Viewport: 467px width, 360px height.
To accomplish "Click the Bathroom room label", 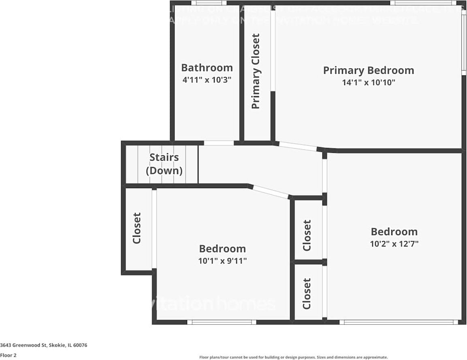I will pyautogui.click(x=207, y=68).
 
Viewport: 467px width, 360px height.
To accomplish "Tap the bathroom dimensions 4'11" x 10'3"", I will pyautogui.click(x=207, y=80).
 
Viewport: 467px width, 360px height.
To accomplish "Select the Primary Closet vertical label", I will pyautogui.click(x=256, y=71).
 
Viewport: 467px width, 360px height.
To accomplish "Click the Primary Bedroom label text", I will pyautogui.click(x=368, y=70).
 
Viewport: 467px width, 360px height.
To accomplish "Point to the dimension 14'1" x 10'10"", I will pyautogui.click(x=368, y=82).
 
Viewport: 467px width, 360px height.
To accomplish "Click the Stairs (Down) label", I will pyautogui.click(x=164, y=164).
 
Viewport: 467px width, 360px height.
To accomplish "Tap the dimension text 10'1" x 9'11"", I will pyautogui.click(x=222, y=261).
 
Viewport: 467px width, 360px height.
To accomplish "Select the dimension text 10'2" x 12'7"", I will pyautogui.click(x=394, y=244).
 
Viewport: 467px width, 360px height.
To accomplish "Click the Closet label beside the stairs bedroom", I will pyautogui.click(x=137, y=228).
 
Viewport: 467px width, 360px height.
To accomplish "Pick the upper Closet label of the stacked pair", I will pyautogui.click(x=307, y=236).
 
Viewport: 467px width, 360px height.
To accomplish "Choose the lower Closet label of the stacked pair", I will pyautogui.click(x=307, y=294).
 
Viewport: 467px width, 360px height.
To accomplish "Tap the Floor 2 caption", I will pyautogui.click(x=8, y=355).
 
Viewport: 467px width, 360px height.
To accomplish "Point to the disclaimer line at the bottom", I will pyautogui.click(x=293, y=357).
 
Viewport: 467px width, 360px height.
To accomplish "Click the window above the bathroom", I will pyautogui.click(x=209, y=3).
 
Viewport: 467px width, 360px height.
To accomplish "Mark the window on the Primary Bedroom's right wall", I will pyautogui.click(x=464, y=41).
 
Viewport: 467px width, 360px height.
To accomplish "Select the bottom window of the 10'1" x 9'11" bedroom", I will pyautogui.click(x=222, y=322).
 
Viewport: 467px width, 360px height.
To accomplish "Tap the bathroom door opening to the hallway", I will pyautogui.click(x=219, y=143).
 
